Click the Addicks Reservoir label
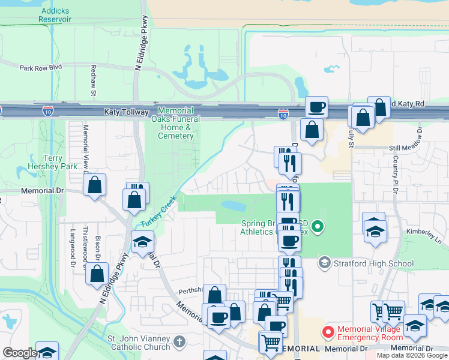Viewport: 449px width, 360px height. click(x=55, y=15)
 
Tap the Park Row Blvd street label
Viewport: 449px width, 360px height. click(x=40, y=68)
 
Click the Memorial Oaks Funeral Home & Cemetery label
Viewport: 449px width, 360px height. click(x=176, y=123)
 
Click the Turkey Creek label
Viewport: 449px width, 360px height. click(x=158, y=211)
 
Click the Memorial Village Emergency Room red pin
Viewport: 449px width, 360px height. click(x=328, y=331)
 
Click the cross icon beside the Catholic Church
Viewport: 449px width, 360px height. click(x=179, y=343)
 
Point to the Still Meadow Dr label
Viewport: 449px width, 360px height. click(x=411, y=148)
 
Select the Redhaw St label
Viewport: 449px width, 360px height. click(x=93, y=80)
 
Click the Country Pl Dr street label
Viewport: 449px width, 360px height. click(x=396, y=174)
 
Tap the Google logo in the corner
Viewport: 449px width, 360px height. click(x=20, y=353)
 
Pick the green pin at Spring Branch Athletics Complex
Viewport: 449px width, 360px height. click(x=318, y=227)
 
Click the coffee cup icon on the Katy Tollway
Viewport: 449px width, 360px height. click(x=316, y=107)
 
